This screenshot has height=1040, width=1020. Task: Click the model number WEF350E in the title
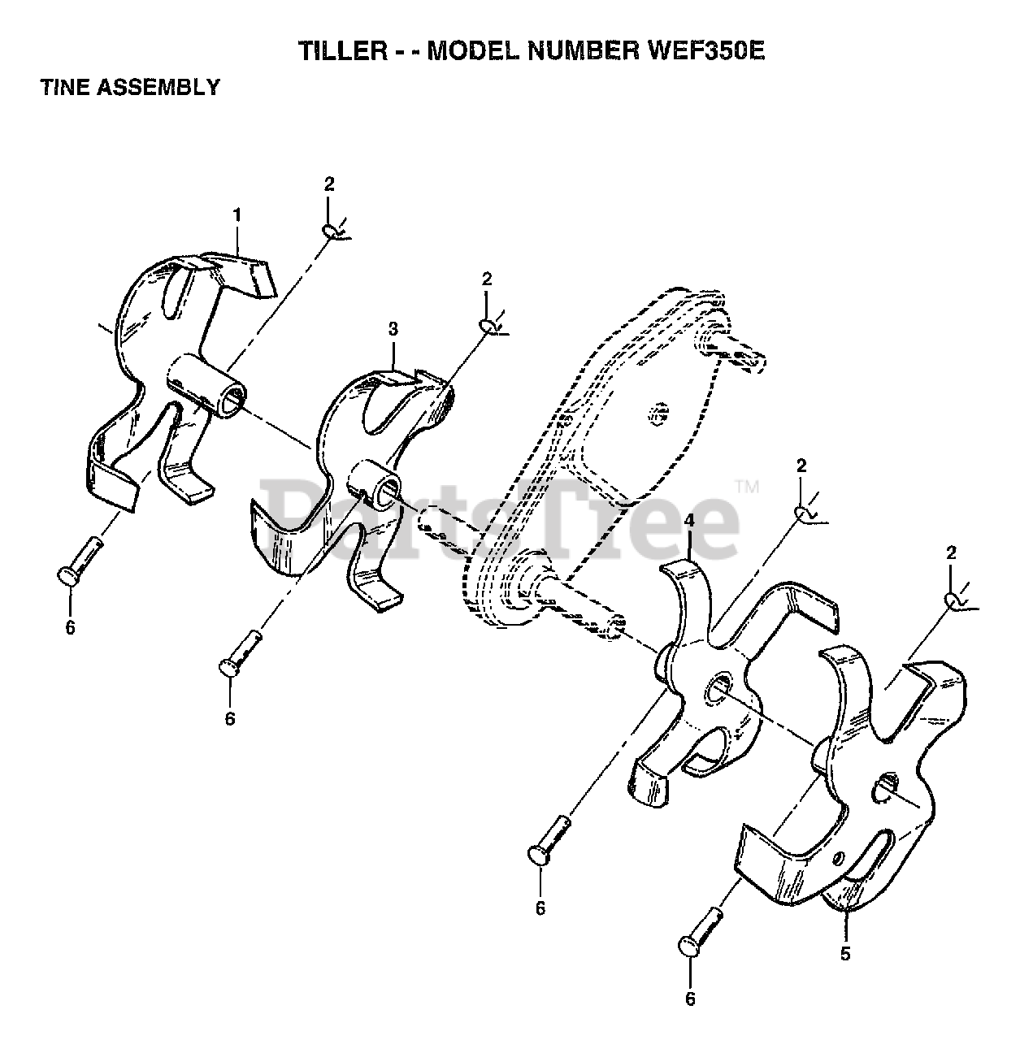(705, 51)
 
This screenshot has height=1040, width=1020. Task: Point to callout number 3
(393, 329)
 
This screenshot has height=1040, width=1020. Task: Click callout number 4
(688, 520)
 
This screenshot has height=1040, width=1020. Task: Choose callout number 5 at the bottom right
(845, 954)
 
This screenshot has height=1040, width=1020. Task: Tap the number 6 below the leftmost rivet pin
(70, 627)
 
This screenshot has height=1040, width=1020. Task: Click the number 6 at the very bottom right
(690, 999)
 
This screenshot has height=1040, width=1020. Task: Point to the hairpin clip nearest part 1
(334, 232)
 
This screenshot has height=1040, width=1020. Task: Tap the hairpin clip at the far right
(956, 600)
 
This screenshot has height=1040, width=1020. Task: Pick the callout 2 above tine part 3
(486, 279)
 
